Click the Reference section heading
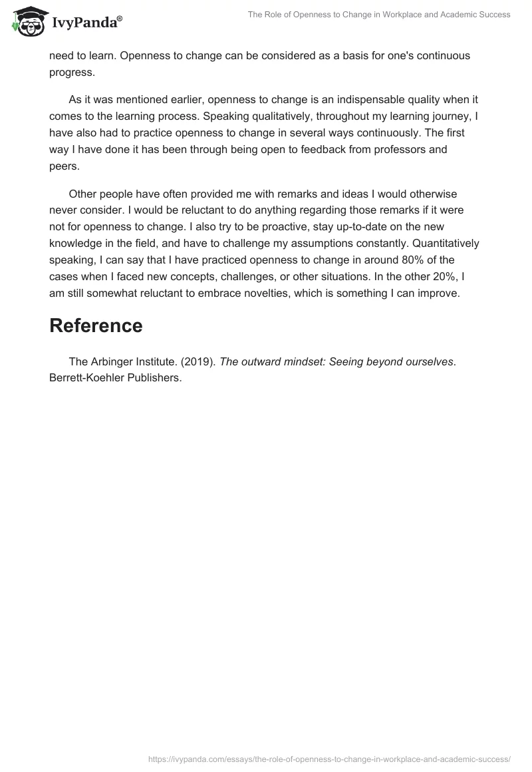[x=96, y=325]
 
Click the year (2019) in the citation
[x=196, y=362]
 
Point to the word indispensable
[x=344, y=100]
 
